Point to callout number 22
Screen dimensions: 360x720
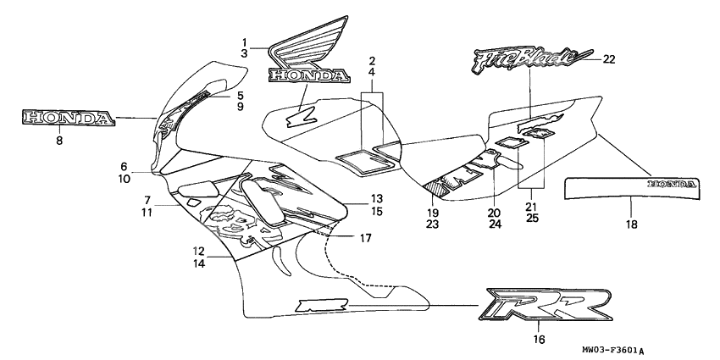(609, 58)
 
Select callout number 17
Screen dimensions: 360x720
(365, 238)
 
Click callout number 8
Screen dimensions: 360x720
(59, 141)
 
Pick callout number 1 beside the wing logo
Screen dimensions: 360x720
(244, 42)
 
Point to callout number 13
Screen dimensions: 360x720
(375, 197)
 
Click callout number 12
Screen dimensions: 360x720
(197, 251)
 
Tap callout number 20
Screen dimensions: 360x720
(494, 213)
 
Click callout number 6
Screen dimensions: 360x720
(124, 167)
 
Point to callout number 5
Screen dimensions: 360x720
(240, 95)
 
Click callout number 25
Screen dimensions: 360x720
(531, 219)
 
